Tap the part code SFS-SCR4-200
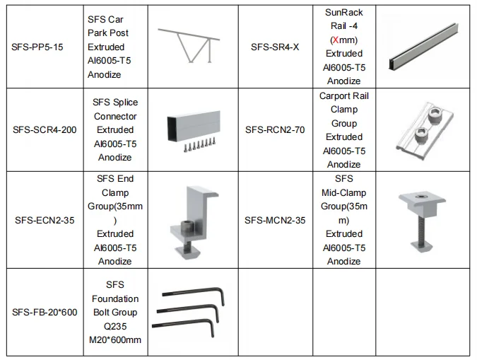pos(45,130)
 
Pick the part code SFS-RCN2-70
pos(276,130)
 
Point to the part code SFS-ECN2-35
pos(44,220)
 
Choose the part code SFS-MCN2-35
pos(276,220)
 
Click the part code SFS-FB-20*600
pos(45,313)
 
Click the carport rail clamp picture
pos(425,129)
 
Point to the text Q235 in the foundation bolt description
pos(115,326)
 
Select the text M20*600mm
pos(115,340)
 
